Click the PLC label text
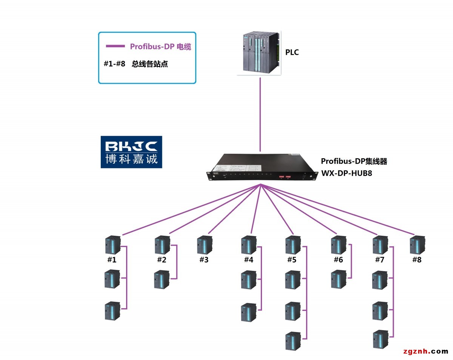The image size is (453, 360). [292, 53]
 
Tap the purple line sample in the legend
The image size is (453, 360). [115, 46]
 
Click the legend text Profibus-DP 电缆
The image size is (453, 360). [160, 46]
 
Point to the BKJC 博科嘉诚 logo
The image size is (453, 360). [131, 152]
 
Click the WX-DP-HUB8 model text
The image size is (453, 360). [347, 174]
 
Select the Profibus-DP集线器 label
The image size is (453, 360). [354, 161]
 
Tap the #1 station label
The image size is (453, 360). [112, 260]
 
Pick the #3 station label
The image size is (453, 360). [204, 260]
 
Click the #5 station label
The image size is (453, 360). [292, 260]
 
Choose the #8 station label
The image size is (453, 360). [416, 260]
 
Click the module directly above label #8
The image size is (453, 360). [417, 245]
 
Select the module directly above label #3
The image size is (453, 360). [204, 245]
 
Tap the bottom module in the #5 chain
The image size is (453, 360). [293, 341]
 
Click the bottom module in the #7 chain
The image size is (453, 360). [380, 339]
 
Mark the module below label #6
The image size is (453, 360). [339, 279]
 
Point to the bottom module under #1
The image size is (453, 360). [112, 311]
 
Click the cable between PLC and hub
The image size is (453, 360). [260, 113]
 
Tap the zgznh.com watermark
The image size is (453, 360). [425, 351]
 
